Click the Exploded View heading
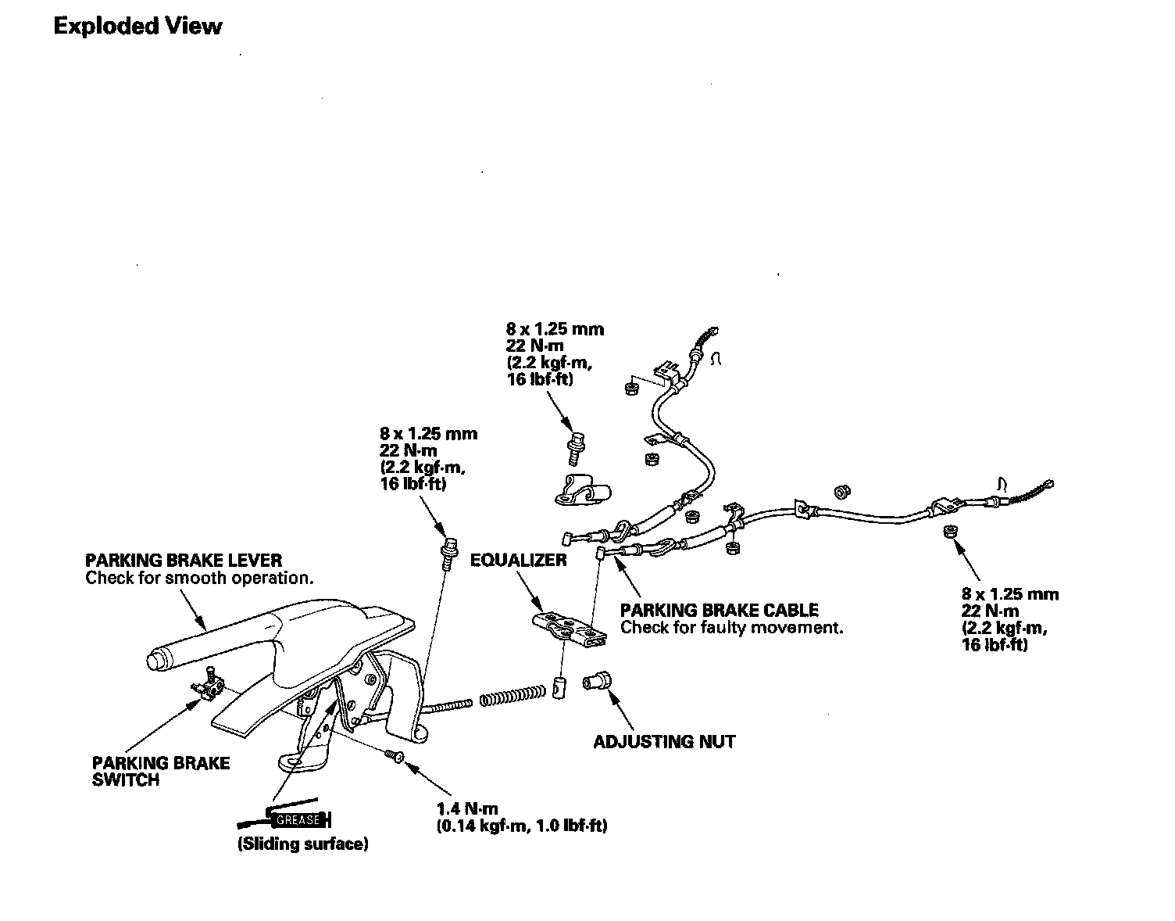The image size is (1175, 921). pyautogui.click(x=137, y=27)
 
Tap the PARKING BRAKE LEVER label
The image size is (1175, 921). pyautogui.click(x=184, y=561)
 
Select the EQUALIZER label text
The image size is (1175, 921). pyautogui.click(x=518, y=561)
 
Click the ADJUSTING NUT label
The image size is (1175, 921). pyautogui.click(x=664, y=741)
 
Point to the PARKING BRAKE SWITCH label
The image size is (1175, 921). pyautogui.click(x=160, y=771)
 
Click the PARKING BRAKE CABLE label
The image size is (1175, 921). pyautogui.click(x=719, y=610)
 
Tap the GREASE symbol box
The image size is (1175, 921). pyautogui.click(x=298, y=820)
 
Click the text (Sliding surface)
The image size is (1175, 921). pyautogui.click(x=303, y=844)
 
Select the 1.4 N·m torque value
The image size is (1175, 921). pyautogui.click(x=467, y=809)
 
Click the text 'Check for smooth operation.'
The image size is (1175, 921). pyautogui.click(x=199, y=579)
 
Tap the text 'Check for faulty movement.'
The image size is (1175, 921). pyautogui.click(x=732, y=628)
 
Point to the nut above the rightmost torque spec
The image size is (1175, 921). pyautogui.click(x=949, y=532)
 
